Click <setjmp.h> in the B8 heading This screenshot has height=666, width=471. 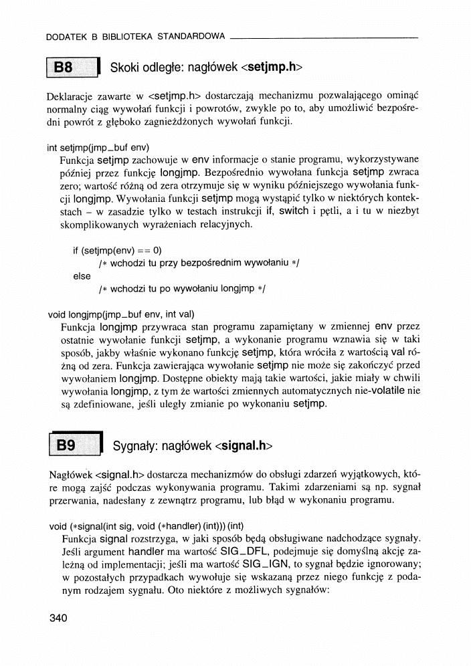pyautogui.click(x=272, y=68)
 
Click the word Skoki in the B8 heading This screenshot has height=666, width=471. pyautogui.click(x=126, y=68)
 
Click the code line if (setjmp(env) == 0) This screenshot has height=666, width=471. pyautogui.click(x=112, y=250)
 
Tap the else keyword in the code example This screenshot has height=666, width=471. pyautogui.click(x=82, y=275)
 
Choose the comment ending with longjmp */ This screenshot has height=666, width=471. pyautogui.click(x=182, y=289)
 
